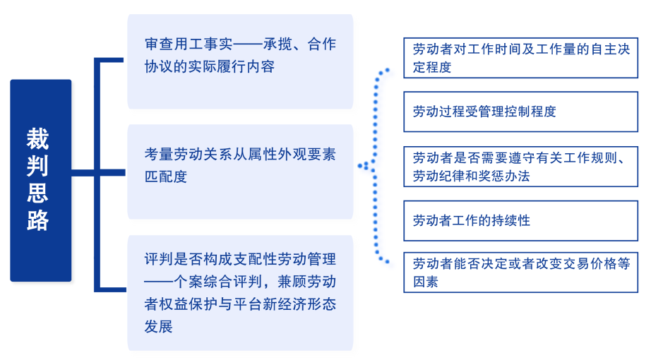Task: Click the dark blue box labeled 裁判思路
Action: [x=41, y=181]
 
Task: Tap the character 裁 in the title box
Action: [x=38, y=138]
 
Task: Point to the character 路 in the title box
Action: [x=38, y=220]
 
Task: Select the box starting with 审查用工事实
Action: [x=240, y=61]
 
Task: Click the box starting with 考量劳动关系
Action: [x=240, y=172]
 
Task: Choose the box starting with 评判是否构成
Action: [x=240, y=293]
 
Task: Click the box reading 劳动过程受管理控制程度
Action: [x=520, y=112]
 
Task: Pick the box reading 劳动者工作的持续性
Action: [x=520, y=220]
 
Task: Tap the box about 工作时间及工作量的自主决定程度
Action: [x=520, y=58]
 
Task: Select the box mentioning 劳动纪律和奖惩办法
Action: [x=520, y=167]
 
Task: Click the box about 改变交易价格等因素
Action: [x=520, y=272]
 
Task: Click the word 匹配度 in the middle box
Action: [x=166, y=176]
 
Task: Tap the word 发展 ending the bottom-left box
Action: [x=159, y=326]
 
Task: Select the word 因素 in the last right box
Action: [x=426, y=282]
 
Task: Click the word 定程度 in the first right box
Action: [x=432, y=67]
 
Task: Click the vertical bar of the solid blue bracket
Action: [x=97, y=175]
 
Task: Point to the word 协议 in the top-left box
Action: [x=159, y=66]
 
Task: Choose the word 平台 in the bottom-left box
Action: [x=247, y=304]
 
